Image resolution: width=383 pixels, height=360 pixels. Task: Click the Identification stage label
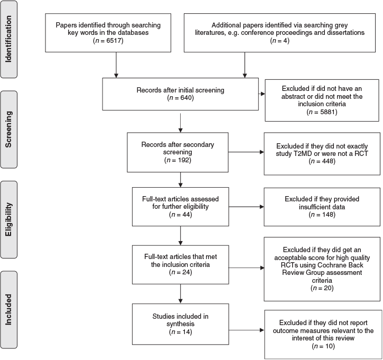8,39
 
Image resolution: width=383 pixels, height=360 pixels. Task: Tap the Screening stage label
8,130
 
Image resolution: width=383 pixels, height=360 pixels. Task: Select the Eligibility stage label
8,219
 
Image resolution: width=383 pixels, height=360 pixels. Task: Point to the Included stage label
8,309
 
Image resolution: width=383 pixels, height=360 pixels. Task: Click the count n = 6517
108,41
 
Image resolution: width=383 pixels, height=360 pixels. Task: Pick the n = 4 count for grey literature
279,41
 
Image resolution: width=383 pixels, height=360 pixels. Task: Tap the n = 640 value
181,98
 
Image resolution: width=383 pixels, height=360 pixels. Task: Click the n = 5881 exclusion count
322,112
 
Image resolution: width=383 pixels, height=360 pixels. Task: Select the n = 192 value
178,160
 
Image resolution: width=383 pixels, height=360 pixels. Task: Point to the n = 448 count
322,161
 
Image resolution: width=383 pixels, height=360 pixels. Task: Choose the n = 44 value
181,215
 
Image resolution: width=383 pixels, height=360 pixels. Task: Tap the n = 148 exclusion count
322,215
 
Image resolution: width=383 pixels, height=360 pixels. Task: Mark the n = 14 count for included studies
181,332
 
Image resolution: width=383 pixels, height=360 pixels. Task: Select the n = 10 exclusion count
323,346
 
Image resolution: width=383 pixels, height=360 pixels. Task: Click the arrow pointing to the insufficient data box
247,207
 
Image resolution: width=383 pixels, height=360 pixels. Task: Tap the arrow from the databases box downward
116,65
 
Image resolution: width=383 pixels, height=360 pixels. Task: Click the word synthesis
181,324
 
